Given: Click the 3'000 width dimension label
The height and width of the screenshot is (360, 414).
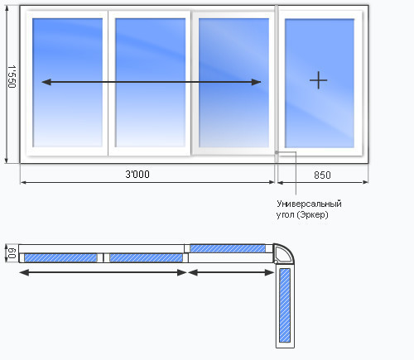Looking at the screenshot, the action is (137, 175).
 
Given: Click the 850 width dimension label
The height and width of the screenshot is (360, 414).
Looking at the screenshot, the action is (322, 175).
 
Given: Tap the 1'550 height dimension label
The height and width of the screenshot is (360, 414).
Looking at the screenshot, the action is (12, 76).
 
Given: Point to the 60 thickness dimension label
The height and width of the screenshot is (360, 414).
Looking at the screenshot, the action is (12, 253).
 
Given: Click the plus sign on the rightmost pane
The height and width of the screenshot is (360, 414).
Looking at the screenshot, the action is (318, 80).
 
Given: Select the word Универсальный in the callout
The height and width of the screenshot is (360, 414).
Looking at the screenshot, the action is (309, 204).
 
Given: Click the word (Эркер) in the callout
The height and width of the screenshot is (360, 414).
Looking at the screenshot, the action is (313, 214).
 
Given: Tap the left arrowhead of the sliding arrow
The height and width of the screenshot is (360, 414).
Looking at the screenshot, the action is (46, 82).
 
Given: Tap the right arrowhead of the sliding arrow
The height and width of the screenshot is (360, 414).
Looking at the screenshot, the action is (256, 82).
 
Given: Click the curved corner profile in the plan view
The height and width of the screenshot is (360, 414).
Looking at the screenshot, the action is (288, 250).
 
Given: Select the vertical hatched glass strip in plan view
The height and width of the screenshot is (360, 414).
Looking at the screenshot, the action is (285, 305).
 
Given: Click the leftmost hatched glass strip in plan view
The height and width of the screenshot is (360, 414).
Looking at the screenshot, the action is (60, 257).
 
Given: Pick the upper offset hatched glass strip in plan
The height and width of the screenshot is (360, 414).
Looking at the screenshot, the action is (228, 248).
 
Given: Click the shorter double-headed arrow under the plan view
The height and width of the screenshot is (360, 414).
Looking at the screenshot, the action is (231, 272).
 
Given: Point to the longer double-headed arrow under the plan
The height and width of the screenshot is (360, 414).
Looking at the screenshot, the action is (103, 272).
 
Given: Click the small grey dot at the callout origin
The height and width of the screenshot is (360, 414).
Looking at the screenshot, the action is (277, 152).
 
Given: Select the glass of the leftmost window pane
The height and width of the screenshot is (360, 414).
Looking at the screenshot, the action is (67, 83).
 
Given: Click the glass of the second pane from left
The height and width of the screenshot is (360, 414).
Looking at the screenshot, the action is (151, 83).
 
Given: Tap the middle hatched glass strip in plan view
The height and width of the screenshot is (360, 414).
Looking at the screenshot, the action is (146, 257).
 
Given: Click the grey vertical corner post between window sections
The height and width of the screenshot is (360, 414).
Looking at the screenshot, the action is (277, 83).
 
